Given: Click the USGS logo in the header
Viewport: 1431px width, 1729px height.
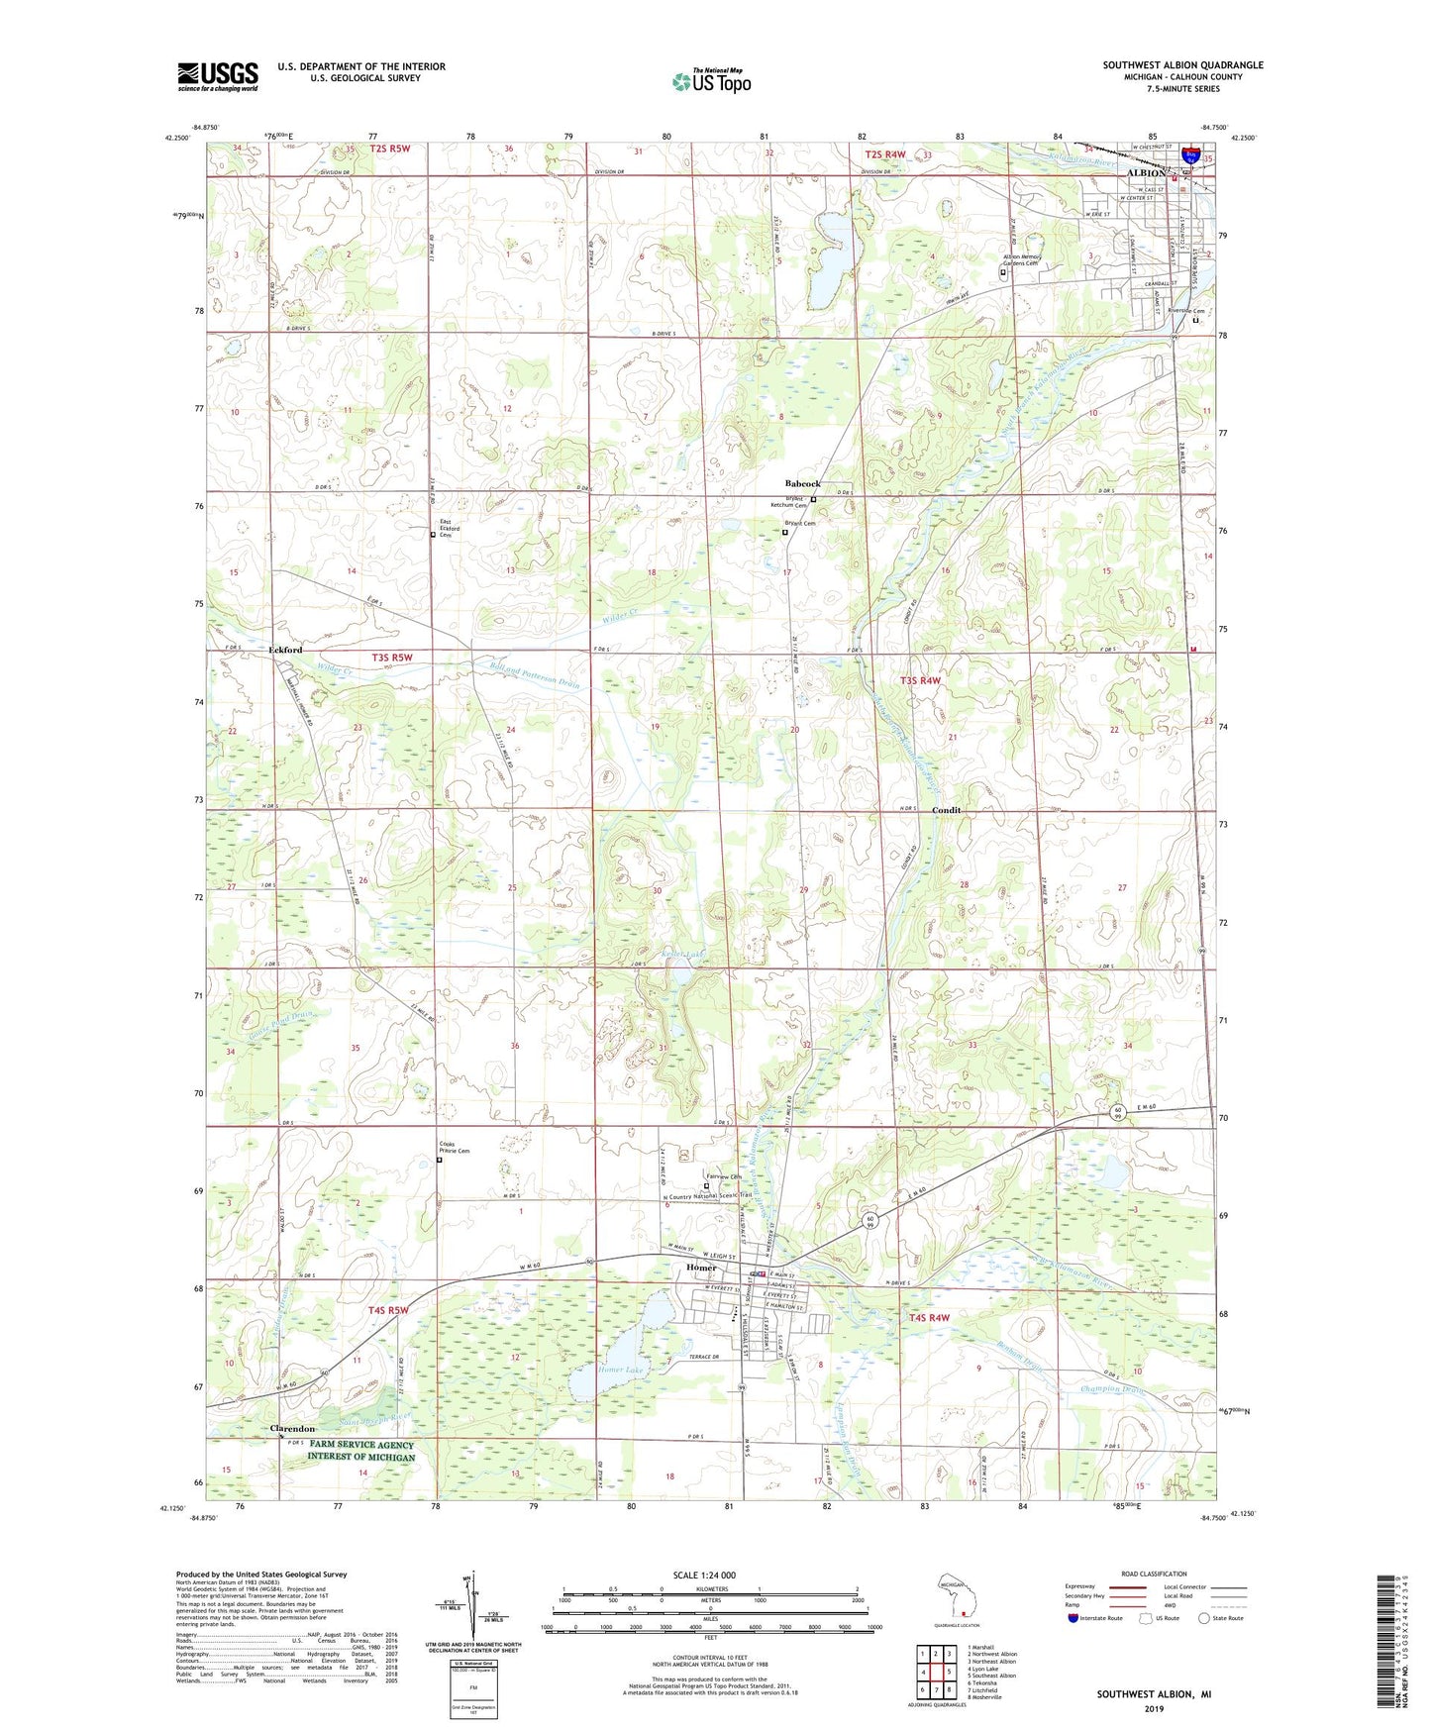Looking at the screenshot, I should tap(218, 76).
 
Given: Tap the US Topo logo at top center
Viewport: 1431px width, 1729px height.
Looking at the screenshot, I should tap(711, 80).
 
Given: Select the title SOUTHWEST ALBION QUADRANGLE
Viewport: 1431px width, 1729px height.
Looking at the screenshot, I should tap(1182, 65).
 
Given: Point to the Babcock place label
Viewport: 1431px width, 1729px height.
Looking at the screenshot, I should tap(802, 484).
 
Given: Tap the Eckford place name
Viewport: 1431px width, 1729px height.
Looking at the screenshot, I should tap(285, 651).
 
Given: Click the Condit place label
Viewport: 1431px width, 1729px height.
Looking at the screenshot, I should tap(946, 810).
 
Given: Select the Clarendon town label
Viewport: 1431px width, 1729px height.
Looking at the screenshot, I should tap(292, 1429).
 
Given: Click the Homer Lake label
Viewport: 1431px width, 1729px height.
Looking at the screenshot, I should tap(620, 1370).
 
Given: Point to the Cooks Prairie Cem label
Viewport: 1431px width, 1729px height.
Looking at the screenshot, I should tap(454, 1149).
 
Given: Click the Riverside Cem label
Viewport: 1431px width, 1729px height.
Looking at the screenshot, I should tap(1184, 311).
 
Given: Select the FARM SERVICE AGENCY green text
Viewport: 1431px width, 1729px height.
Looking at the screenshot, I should tap(361, 1445).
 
